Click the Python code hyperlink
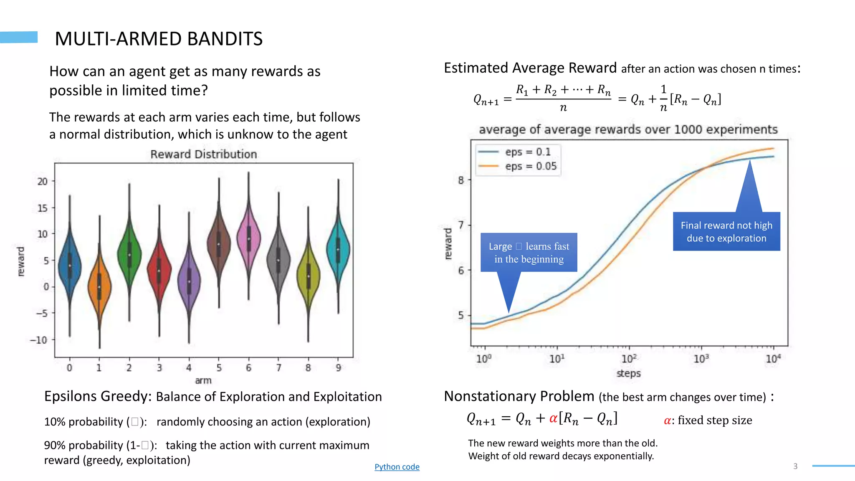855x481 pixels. click(397, 467)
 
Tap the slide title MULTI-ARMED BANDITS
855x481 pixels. click(159, 39)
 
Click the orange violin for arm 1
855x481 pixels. click(99, 286)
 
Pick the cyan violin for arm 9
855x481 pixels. click(338, 249)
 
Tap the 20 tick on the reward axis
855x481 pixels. click(43, 181)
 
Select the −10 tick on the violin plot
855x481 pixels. click(39, 340)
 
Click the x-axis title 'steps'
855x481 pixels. click(628, 373)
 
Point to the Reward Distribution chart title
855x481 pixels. click(203, 154)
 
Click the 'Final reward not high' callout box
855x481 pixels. click(726, 232)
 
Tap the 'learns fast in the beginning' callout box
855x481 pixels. click(529, 253)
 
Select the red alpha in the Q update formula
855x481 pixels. click(554, 418)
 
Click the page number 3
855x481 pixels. click(795, 466)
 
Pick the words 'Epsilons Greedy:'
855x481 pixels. click(98, 396)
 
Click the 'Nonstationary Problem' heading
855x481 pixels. click(519, 396)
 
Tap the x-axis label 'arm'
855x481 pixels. click(203, 380)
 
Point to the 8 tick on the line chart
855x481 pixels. click(461, 180)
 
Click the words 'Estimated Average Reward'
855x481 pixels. click(530, 68)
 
